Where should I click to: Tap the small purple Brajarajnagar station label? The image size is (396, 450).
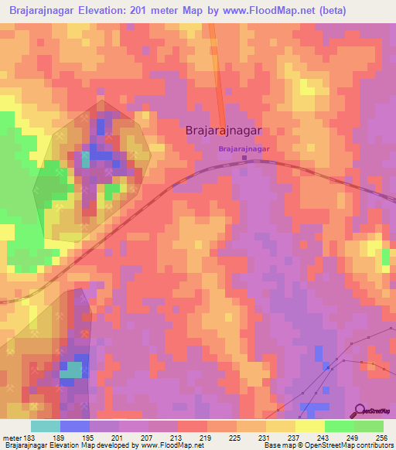click(x=244, y=148)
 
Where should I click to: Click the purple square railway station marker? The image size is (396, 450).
click(x=244, y=159)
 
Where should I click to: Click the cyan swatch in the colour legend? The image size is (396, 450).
click(x=45, y=427)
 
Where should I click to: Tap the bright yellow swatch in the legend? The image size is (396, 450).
click(x=309, y=427)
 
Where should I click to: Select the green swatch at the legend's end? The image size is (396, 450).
click(x=369, y=427)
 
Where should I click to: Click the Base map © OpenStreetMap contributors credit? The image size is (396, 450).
click(x=327, y=446)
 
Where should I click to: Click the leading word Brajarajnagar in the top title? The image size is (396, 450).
click(x=45, y=11)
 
